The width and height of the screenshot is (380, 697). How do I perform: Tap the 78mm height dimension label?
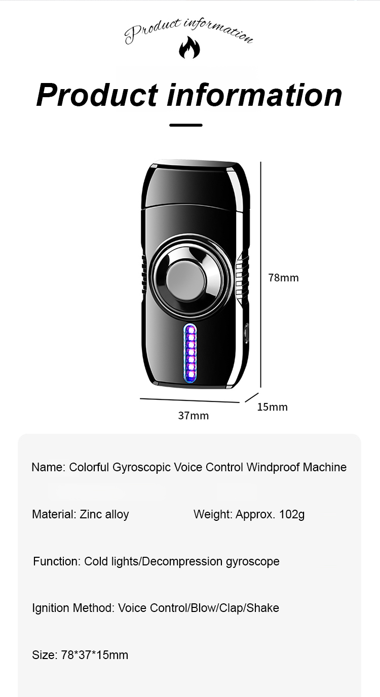283,277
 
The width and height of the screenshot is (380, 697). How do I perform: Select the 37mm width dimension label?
194,416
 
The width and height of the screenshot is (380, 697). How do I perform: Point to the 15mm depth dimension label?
272,407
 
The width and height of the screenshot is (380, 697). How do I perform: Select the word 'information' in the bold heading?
254,95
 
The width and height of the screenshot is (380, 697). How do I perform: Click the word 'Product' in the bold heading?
97,95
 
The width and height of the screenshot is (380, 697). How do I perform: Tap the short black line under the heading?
186,125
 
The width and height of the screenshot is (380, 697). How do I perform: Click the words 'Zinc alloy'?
104,514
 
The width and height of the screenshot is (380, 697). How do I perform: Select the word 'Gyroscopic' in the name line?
141,467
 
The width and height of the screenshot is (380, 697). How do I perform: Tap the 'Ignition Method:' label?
73,608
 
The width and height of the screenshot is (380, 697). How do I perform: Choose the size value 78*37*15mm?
95,655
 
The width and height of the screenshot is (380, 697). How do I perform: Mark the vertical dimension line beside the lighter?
261,274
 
